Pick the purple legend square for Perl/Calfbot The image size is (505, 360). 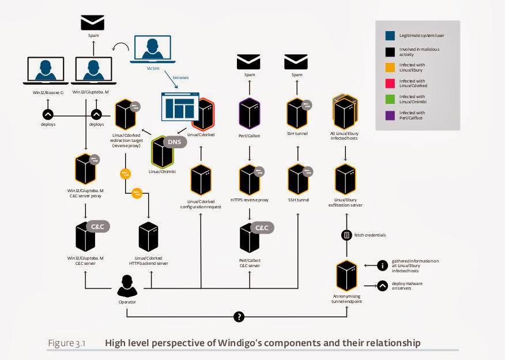point(390,116)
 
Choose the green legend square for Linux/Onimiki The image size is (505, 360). point(390,99)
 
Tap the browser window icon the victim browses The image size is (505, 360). point(179,110)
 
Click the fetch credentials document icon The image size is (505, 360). point(346,235)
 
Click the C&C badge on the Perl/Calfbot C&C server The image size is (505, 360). point(262,228)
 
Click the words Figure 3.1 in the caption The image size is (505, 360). point(66,343)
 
